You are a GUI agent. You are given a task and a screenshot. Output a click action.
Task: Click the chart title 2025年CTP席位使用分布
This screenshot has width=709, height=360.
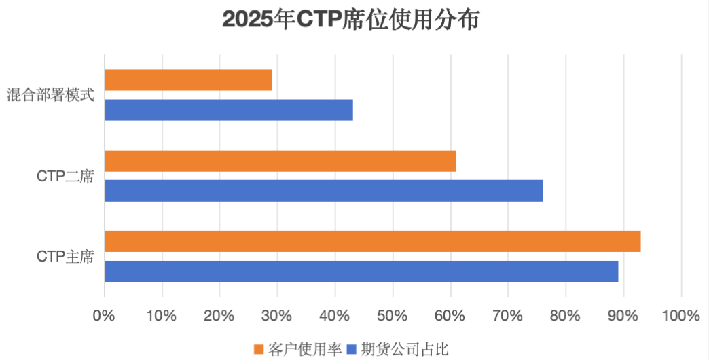click(351, 20)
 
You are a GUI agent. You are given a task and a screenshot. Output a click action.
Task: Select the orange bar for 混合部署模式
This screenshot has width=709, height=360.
click(188, 80)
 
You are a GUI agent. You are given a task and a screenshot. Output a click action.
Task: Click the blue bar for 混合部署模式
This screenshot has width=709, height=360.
click(229, 110)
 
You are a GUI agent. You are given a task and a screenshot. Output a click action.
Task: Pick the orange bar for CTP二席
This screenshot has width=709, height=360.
click(280, 161)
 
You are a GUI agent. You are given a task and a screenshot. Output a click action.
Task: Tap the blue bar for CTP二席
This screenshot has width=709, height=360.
click(324, 191)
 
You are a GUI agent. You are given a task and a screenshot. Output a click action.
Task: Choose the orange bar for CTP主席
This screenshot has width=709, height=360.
click(373, 241)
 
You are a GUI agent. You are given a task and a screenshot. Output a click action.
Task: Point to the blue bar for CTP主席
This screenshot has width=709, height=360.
click(361, 271)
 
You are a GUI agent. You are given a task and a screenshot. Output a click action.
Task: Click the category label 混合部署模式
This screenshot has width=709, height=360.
click(50, 95)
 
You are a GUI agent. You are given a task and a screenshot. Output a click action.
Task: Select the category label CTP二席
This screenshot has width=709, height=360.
click(65, 176)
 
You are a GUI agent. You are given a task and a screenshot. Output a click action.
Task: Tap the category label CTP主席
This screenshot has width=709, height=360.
click(65, 257)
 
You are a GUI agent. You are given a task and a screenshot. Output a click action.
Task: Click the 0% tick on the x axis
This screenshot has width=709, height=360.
click(105, 316)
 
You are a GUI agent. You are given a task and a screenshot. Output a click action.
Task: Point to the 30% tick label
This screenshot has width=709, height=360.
click(277, 316)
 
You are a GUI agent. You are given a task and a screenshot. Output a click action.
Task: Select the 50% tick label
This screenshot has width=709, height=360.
click(393, 316)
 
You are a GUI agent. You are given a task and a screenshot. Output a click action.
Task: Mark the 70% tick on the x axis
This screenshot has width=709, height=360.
click(508, 316)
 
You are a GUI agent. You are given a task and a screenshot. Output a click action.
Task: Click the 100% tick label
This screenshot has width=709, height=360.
click(680, 316)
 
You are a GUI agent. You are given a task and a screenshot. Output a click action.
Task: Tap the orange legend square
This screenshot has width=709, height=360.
click(258, 349)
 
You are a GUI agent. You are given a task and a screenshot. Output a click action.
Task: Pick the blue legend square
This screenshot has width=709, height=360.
click(351, 349)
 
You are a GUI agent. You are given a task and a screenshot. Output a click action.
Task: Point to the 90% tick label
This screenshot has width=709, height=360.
click(623, 316)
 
